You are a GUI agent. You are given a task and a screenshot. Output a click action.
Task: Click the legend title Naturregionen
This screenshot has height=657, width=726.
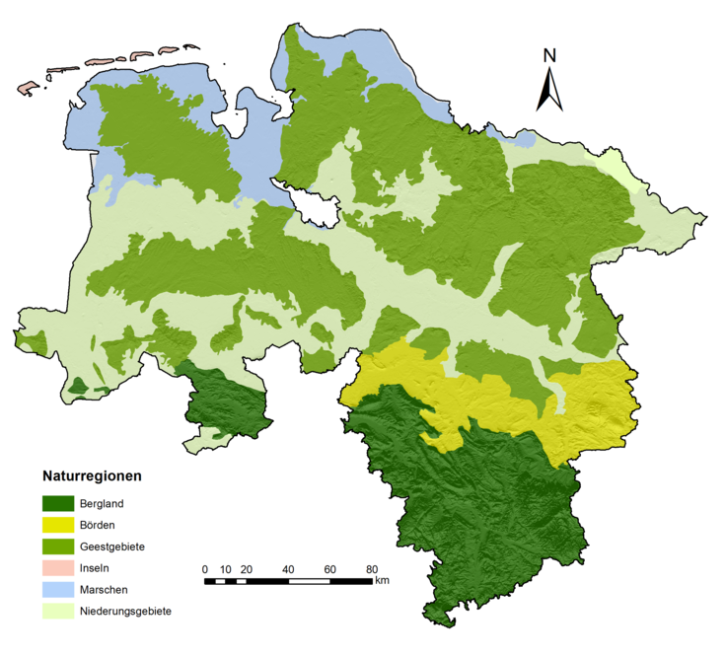click(x=91, y=475)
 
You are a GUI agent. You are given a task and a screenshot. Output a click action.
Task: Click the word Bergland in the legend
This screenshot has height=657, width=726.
click(x=102, y=503)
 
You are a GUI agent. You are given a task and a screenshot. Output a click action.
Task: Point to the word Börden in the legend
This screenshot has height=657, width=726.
click(x=99, y=525)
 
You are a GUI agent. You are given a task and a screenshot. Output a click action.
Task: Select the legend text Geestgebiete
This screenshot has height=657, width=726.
click(x=112, y=547)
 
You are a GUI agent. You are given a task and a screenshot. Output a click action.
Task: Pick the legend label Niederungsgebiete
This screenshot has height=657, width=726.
click(x=126, y=611)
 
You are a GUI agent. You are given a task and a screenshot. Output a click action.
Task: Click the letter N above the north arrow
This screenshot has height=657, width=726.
click(x=550, y=56)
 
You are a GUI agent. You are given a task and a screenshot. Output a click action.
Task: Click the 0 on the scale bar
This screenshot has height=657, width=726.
click(x=204, y=569)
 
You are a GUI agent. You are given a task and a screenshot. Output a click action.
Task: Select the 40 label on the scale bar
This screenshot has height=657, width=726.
click(x=288, y=569)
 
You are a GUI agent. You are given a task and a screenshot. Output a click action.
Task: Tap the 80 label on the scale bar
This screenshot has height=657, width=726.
click(x=372, y=569)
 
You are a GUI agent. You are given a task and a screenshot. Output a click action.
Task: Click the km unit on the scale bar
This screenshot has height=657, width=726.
click(x=382, y=580)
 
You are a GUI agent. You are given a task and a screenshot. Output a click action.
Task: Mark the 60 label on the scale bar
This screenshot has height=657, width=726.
click(x=330, y=569)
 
